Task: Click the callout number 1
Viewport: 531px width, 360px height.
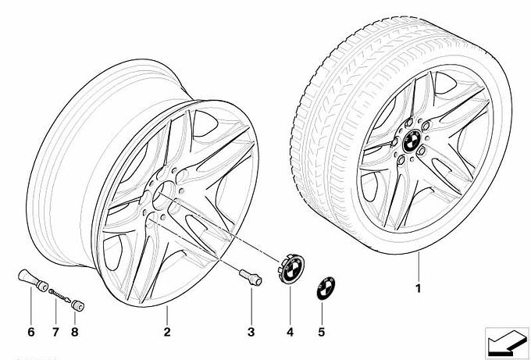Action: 419,288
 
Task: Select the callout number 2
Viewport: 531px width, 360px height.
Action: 167,332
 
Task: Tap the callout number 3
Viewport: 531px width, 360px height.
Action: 251,332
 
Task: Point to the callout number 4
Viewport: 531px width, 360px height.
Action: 290,332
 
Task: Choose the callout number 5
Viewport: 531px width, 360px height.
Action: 322,332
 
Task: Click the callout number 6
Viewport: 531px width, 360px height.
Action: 30,332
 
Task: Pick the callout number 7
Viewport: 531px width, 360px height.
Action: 55,332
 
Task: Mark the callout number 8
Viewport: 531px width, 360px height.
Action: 75,332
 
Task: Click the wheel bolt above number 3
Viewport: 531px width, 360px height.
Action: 251,277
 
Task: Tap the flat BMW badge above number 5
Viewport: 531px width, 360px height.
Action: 326,288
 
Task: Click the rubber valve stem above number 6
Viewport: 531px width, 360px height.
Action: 33,280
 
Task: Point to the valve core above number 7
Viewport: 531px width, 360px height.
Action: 59,296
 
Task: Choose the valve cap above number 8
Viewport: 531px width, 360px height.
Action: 78,305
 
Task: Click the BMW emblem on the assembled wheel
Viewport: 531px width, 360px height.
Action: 412,141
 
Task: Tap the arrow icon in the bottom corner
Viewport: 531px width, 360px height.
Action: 507,342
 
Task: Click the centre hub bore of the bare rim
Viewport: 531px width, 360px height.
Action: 163,195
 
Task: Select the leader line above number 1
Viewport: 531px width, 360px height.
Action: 419,267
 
